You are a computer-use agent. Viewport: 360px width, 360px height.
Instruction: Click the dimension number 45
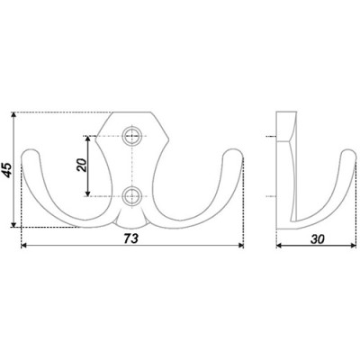[8, 170]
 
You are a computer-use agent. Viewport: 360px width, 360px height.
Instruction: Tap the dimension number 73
[131, 238]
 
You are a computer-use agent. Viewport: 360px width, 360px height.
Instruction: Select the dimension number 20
[82, 165]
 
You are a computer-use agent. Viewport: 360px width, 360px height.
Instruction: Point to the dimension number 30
[318, 239]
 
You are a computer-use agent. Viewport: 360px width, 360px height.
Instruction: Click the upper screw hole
[131, 136]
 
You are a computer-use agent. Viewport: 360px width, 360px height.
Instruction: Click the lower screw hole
[131, 196]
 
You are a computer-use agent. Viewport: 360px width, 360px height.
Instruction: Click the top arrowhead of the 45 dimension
[13, 115]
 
